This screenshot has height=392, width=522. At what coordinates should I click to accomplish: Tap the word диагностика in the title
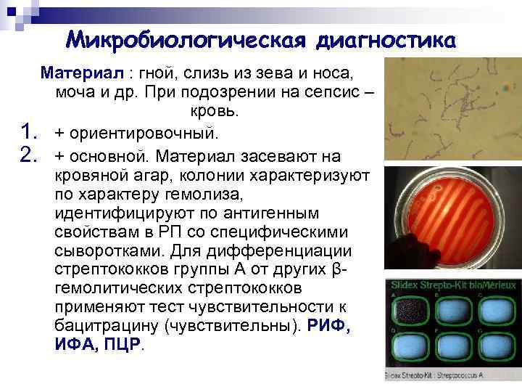click(x=386, y=38)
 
